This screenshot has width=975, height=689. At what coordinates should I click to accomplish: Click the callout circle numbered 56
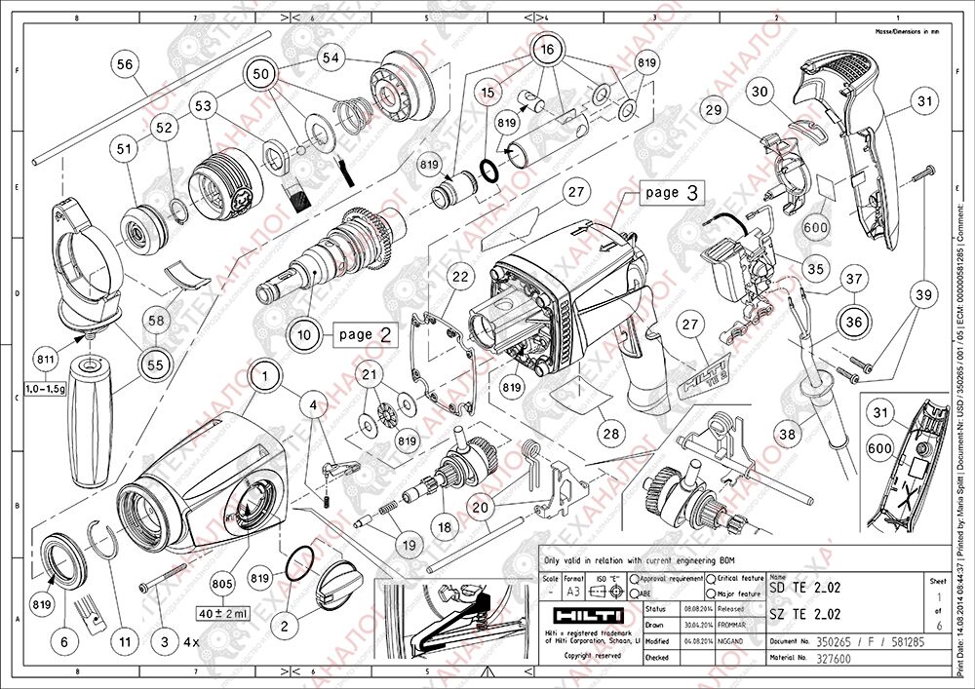(124, 64)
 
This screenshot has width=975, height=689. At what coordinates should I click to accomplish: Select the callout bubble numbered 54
(331, 58)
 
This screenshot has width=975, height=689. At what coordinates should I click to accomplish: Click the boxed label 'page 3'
(671, 193)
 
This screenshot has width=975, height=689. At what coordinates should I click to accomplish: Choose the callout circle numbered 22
(459, 278)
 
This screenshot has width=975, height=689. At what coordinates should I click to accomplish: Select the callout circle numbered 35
(814, 266)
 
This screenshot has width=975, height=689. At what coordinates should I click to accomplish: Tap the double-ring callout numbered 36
(854, 320)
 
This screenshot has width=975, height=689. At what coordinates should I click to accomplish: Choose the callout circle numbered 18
(446, 526)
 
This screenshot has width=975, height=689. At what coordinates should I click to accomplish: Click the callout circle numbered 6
(65, 642)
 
